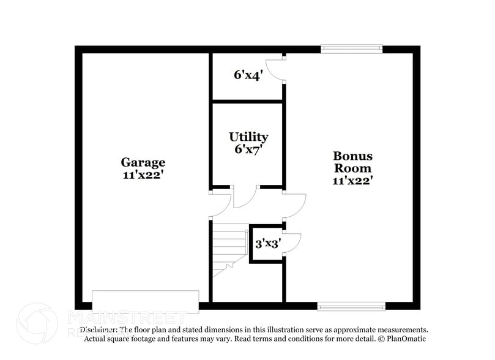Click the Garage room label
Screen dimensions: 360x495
[x=143, y=162]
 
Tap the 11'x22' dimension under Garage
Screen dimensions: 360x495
[x=143, y=174]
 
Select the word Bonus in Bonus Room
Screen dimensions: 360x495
[x=352, y=156]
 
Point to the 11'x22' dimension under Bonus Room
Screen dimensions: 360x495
[x=352, y=180]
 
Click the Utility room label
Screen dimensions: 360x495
[x=248, y=137]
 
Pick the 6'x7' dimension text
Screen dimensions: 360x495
[x=248, y=149]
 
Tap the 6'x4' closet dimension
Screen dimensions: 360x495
[x=248, y=75]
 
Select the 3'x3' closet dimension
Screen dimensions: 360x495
[x=267, y=244]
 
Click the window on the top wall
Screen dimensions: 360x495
[x=352, y=48]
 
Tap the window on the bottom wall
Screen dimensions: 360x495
[x=351, y=306]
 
